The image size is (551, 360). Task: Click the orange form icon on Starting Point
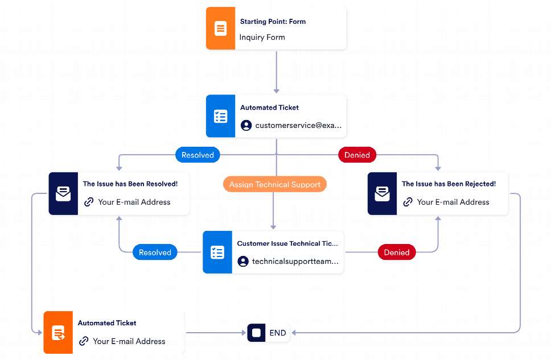(220, 28)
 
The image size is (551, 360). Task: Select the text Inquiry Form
(262, 38)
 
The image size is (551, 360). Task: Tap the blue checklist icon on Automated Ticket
(220, 116)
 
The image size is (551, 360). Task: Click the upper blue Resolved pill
(198, 155)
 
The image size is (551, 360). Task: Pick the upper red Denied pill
(357, 155)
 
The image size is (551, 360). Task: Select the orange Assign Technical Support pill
(275, 184)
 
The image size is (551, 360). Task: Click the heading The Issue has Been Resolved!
(130, 184)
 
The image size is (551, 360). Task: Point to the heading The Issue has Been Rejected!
(449, 184)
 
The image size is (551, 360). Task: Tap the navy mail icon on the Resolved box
(63, 194)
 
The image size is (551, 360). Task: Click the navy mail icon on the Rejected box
(382, 194)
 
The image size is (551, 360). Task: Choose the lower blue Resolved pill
(155, 253)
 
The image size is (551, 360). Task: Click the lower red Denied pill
(397, 253)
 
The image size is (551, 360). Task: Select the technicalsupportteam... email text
(295, 262)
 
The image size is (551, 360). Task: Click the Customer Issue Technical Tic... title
(287, 243)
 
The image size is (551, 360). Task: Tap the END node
(269, 333)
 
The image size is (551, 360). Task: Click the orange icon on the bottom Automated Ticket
(58, 333)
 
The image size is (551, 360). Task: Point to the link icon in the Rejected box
(408, 202)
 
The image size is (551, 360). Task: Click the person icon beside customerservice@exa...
(246, 126)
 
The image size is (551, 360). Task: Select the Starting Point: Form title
(273, 22)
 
